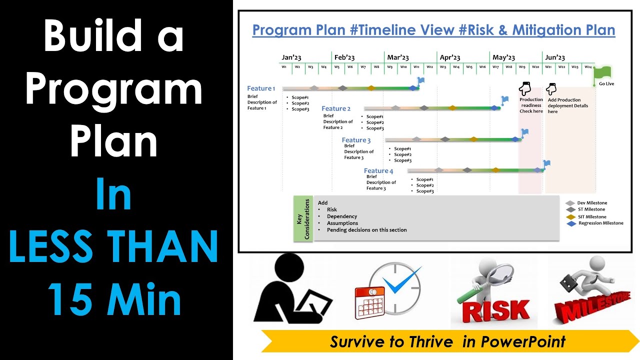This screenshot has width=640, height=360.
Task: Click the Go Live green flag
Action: tap(603, 73)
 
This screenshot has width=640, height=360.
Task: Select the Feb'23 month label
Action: tap(344, 57)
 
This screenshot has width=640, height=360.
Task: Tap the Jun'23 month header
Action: tap(555, 57)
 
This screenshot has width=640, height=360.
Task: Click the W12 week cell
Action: tap(429, 66)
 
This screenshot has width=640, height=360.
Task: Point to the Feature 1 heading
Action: tap(261, 88)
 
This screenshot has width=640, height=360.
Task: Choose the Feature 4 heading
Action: tap(378, 171)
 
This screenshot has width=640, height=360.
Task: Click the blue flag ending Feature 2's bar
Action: tap(505, 100)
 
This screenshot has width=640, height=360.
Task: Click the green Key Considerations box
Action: tap(303, 218)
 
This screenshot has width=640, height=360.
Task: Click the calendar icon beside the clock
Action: tap(369, 302)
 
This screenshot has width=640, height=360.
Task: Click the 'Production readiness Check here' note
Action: tap(531, 105)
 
